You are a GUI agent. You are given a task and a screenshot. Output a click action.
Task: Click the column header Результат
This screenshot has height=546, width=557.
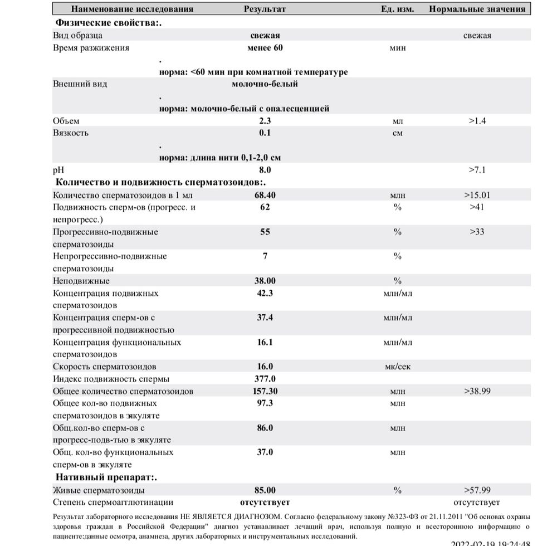[x=265, y=9]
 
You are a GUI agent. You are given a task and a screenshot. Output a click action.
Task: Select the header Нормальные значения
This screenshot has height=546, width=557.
[x=477, y=9]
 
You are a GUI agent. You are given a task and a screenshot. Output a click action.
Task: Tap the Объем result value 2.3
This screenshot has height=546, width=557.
[x=265, y=121]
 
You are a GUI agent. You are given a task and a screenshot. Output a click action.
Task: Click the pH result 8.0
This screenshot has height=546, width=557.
[x=265, y=170]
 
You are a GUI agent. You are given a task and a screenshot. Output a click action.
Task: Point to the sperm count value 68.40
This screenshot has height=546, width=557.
[x=265, y=195]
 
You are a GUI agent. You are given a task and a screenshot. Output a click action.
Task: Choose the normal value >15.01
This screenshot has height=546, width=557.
[x=477, y=195]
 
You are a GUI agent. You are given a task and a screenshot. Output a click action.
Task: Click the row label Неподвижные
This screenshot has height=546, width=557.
[x=81, y=281]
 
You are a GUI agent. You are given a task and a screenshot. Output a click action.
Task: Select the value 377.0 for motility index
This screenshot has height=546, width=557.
[x=265, y=379]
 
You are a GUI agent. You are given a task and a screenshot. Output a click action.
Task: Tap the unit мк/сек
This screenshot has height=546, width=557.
[x=397, y=367]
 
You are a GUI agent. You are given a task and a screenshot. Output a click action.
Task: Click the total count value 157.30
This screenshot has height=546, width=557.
[x=265, y=391]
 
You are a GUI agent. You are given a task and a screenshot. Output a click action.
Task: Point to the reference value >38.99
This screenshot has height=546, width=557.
[x=477, y=391]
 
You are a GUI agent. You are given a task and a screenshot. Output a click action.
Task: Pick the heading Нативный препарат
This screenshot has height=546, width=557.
[x=106, y=477]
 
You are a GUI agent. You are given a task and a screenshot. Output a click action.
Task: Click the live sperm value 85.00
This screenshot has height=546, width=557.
[x=265, y=490]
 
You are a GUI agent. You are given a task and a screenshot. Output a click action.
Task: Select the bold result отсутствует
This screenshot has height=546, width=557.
[x=265, y=503]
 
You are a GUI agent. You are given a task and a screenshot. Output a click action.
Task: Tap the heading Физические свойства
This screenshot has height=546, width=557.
[x=111, y=23]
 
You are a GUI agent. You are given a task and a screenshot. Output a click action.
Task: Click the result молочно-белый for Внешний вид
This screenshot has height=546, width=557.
[x=265, y=84]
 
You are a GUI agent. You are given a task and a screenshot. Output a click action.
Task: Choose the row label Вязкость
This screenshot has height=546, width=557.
[x=71, y=133]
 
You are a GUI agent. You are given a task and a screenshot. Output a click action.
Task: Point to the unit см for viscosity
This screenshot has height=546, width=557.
[x=397, y=133]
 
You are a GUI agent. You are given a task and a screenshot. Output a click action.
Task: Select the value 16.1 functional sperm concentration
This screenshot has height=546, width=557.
[x=265, y=342]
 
